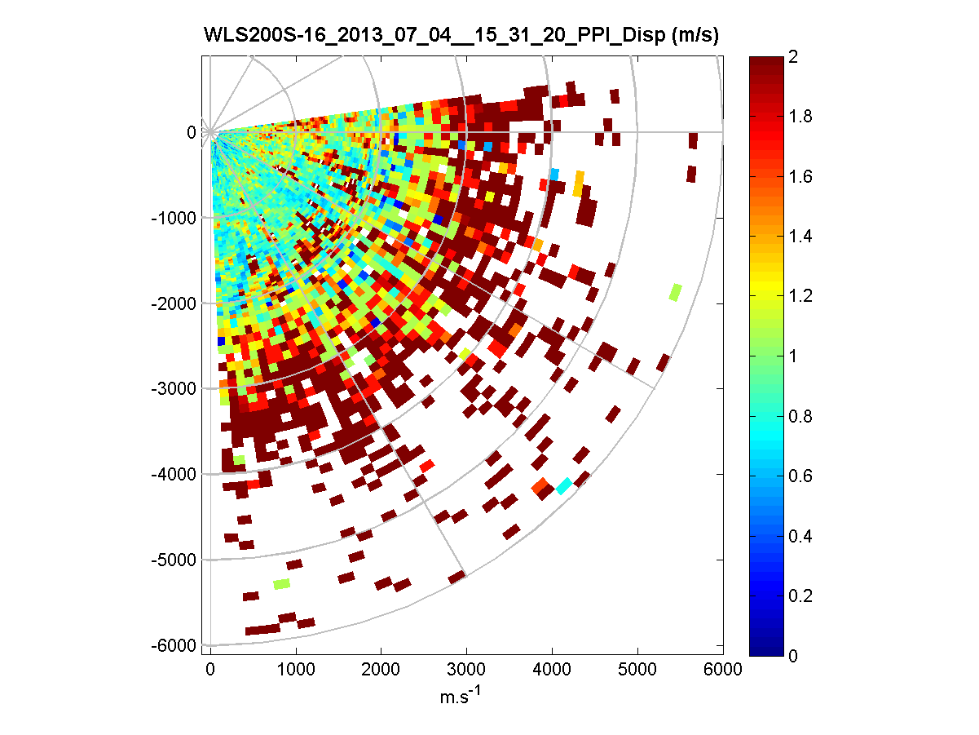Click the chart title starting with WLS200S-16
coord(461,36)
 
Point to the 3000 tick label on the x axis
coord(466,669)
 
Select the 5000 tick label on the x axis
coord(637,669)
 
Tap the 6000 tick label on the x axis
coord(723,669)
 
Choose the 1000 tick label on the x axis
coord(296,669)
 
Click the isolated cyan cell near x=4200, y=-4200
coord(563,486)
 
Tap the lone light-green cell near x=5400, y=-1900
coord(675,292)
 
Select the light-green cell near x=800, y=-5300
coord(281,583)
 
